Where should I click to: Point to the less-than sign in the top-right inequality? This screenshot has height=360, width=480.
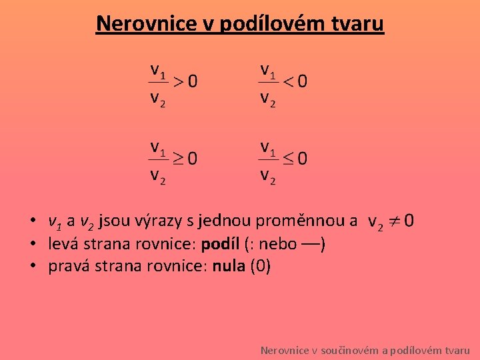point(288,82)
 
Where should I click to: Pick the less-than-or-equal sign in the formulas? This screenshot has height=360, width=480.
point(288,159)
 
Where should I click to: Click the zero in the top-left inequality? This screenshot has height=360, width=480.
point(192,82)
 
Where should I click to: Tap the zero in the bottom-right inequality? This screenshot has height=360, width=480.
point(303,159)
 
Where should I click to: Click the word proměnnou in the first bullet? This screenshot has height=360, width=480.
point(302,221)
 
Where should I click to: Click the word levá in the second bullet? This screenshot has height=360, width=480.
point(61,243)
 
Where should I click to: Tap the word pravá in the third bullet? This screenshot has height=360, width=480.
point(66,267)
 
